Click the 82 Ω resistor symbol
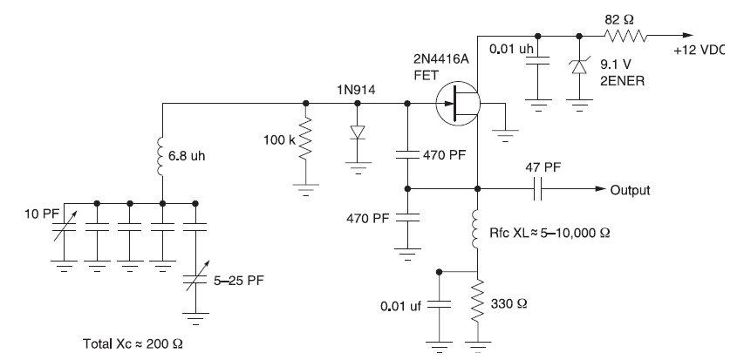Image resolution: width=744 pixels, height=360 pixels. click(625, 36)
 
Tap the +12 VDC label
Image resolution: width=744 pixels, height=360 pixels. click(700, 51)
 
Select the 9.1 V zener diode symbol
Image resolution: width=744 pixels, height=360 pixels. click(579, 67)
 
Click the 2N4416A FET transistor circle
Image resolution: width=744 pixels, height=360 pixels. click(459, 104)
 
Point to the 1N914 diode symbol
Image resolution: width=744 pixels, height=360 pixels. click(358, 132)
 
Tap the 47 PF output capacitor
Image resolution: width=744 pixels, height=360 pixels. click(537, 189)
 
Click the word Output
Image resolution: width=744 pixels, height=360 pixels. click(630, 190)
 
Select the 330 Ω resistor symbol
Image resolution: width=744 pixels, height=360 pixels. click(477, 302)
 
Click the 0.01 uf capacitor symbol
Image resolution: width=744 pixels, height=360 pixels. click(439, 306)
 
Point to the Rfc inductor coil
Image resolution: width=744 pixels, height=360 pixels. click(477, 229)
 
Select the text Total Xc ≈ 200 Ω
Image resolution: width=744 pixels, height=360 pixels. click(133, 343)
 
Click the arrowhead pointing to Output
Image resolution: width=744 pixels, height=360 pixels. click(601, 189)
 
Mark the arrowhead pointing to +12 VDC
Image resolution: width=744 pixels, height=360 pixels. click(687, 36)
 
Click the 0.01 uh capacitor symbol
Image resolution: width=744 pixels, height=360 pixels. click(537, 60)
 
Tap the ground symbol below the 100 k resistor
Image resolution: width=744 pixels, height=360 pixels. click(305, 189)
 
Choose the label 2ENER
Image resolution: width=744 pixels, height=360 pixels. click(623, 81)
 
